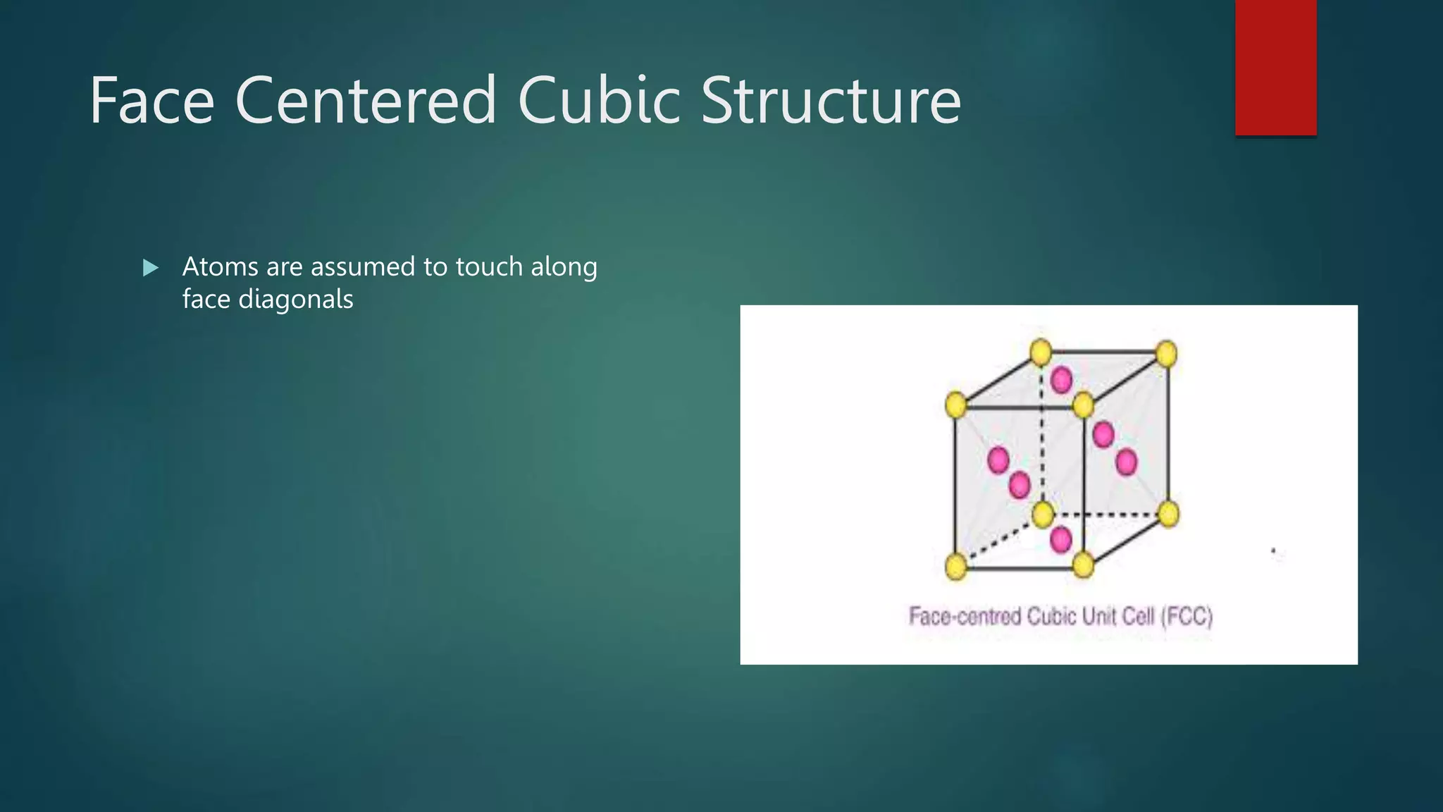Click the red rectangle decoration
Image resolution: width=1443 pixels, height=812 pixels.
tap(1275, 67)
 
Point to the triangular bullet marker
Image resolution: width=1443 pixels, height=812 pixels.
tap(150, 268)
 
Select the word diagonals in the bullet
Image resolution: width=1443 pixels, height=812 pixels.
tap(295, 300)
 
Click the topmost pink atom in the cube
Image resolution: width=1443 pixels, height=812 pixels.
tap(1061, 380)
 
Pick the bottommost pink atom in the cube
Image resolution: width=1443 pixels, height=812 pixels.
tap(1060, 540)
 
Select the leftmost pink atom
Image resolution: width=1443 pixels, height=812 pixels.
tap(998, 460)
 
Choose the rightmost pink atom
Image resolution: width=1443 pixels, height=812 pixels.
tap(1126, 462)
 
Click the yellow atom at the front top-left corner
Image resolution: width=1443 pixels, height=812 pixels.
tap(955, 405)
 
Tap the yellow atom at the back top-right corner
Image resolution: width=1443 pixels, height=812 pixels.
tap(1166, 354)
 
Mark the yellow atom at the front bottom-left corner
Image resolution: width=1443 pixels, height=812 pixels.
tap(955, 566)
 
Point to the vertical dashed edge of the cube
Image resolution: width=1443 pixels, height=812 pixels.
tap(1041, 437)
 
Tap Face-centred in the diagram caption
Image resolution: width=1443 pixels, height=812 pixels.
tap(965, 617)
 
